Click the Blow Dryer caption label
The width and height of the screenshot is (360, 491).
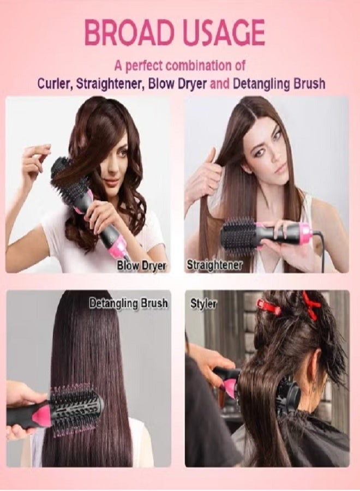tap(142, 266)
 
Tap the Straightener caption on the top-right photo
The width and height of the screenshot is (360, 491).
tap(214, 265)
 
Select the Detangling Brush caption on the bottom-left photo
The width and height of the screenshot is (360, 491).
tap(129, 303)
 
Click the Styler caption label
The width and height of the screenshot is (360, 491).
tap(203, 303)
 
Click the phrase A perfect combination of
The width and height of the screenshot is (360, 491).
tap(180, 65)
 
